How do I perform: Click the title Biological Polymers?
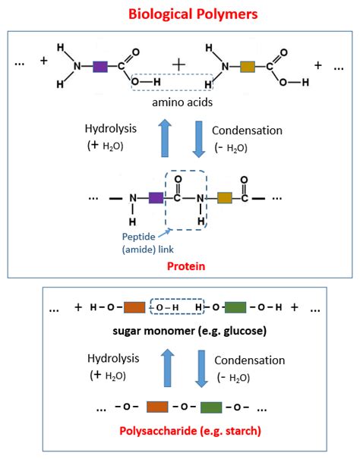tap(180, 14)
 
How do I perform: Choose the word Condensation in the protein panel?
tap(248, 130)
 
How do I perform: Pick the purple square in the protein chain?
tap(156, 199)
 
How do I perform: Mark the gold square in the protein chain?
tap(224, 199)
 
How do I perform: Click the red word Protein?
tap(180, 266)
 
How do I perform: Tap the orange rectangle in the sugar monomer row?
tap(134, 308)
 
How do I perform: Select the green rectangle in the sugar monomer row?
tap(235, 308)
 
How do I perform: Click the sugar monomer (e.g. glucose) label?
tap(180, 332)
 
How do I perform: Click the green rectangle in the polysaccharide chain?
tap(210, 407)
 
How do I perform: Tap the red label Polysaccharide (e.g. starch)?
tap(181, 431)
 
